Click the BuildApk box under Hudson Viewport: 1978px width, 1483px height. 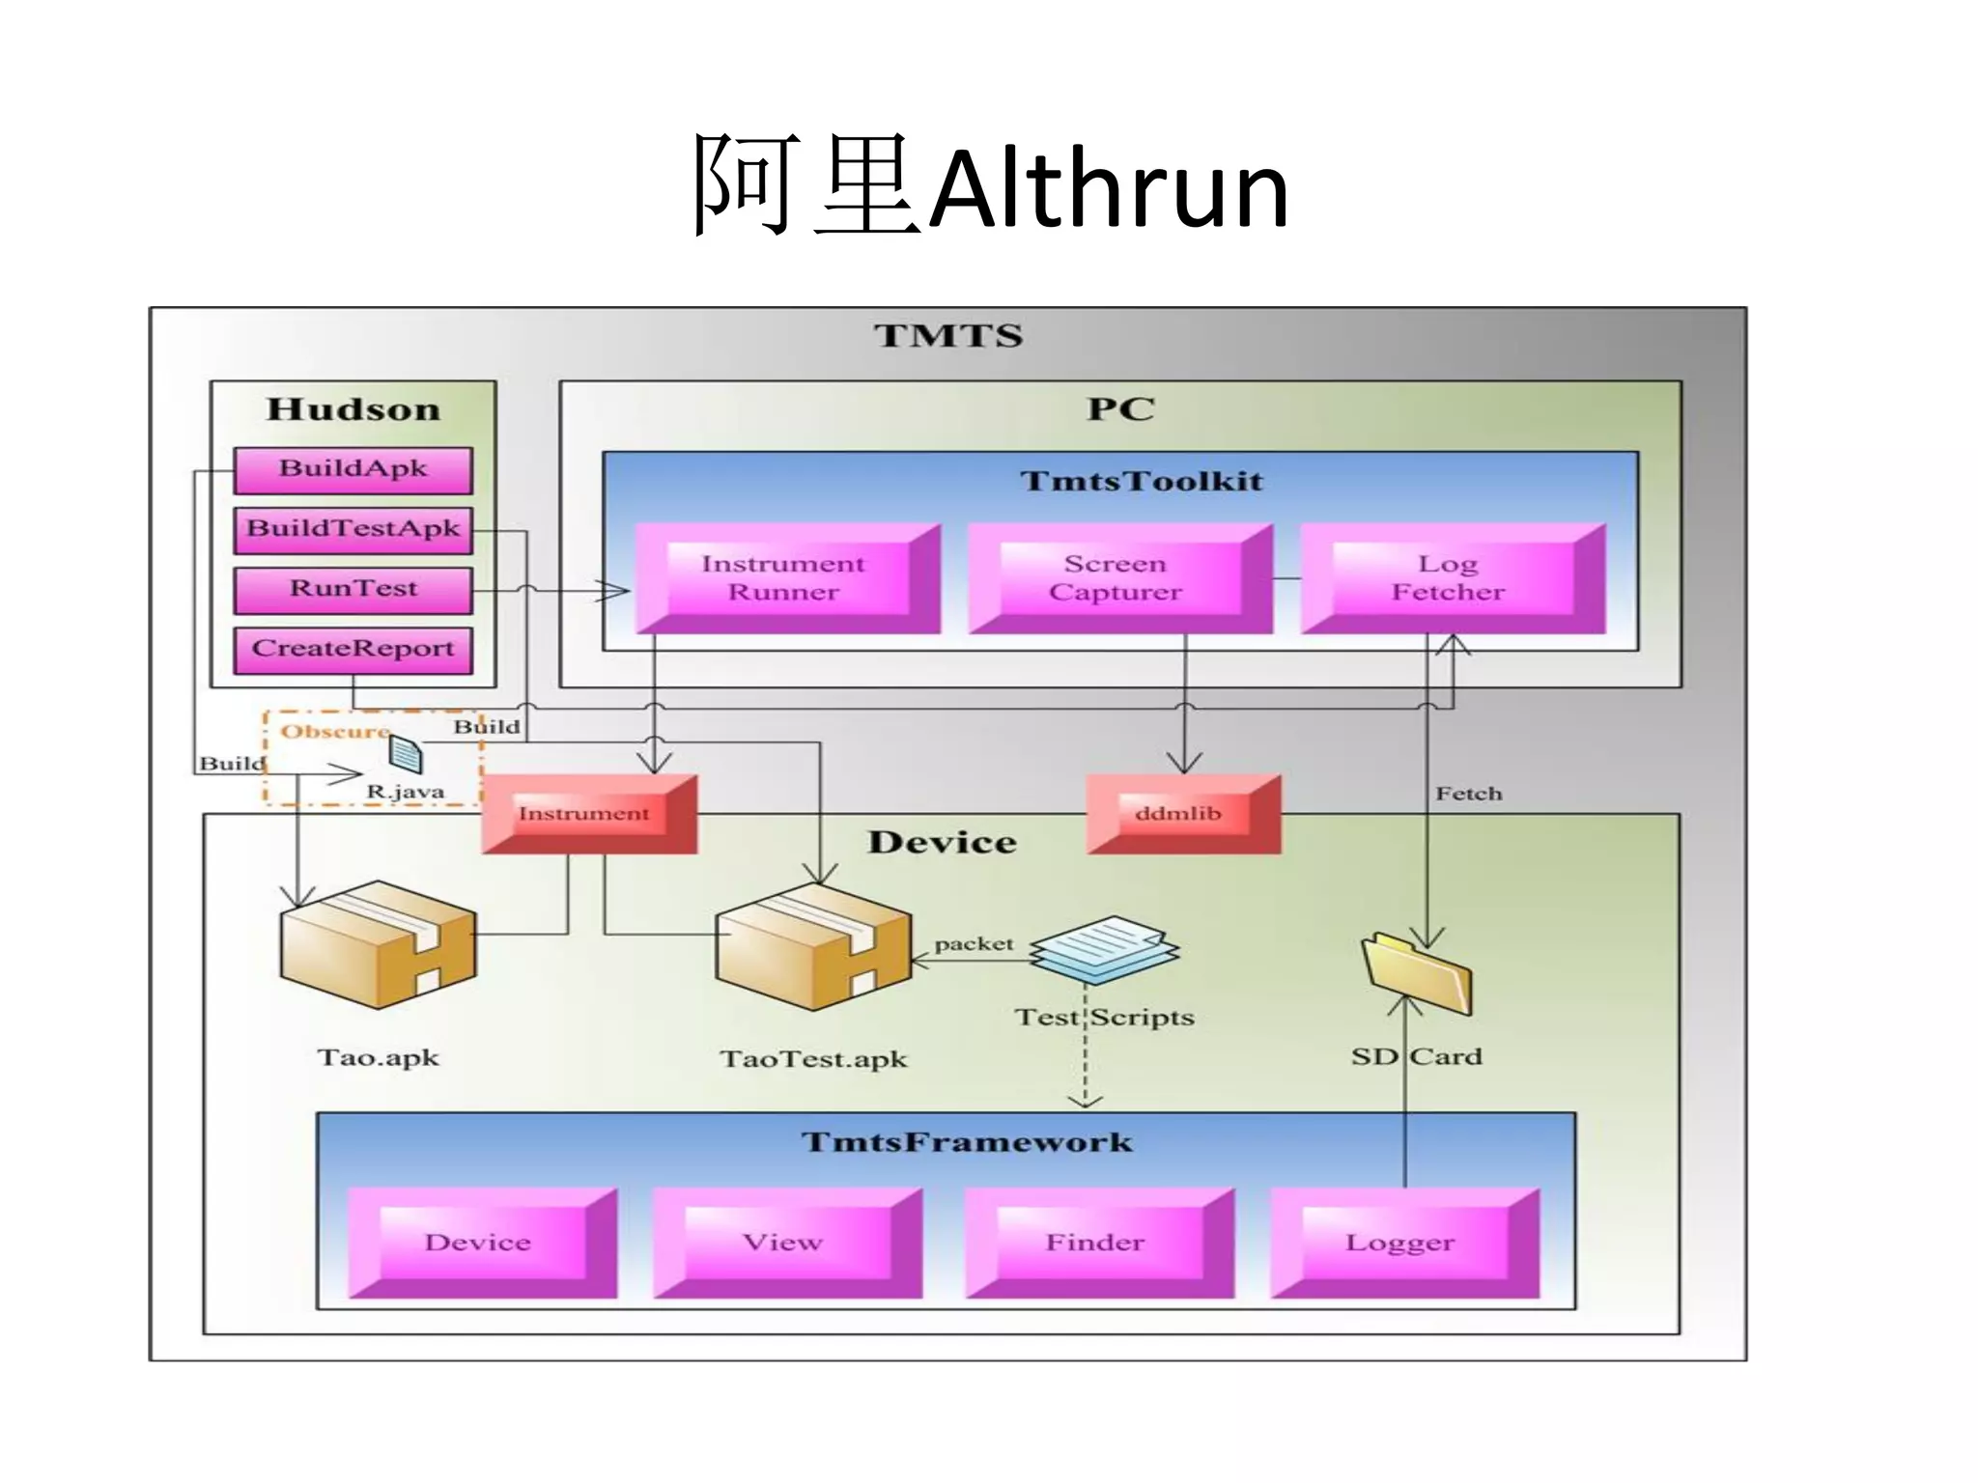click(x=353, y=469)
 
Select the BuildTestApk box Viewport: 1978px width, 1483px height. click(x=353, y=529)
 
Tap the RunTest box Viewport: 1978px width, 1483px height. click(x=353, y=589)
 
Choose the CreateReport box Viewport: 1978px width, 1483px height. click(x=353, y=649)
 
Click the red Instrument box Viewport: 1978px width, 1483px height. click(x=585, y=814)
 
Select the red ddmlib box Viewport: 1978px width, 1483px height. click(x=1179, y=814)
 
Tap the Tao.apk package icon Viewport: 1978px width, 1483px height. click(x=378, y=945)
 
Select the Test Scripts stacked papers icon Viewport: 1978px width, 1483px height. click(x=1104, y=948)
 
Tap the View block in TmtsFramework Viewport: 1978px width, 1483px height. click(x=783, y=1243)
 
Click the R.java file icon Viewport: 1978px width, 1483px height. click(x=406, y=754)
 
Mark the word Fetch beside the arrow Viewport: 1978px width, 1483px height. click(x=1468, y=794)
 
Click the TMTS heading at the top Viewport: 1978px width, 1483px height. click(x=947, y=336)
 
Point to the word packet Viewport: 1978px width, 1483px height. click(x=974, y=943)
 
